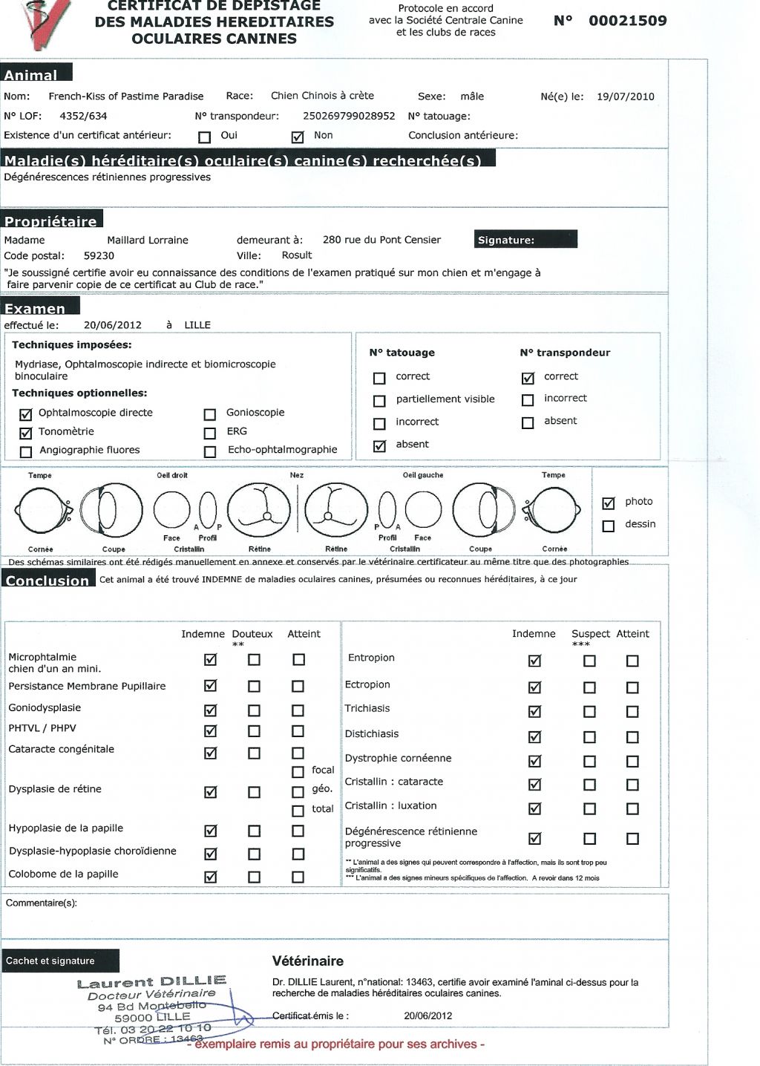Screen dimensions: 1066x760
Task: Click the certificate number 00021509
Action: pyautogui.click(x=627, y=21)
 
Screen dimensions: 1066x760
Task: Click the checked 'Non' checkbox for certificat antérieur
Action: pyautogui.click(x=298, y=137)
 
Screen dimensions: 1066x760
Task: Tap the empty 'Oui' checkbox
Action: pyautogui.click(x=205, y=137)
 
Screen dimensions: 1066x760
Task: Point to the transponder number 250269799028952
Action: pyautogui.click(x=349, y=116)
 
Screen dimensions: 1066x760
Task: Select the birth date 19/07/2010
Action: pyautogui.click(x=626, y=97)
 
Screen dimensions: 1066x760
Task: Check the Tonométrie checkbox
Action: pyautogui.click(x=26, y=433)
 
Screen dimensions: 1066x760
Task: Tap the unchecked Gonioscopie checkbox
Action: pyautogui.click(x=210, y=414)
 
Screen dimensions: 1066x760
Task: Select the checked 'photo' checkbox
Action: pyautogui.click(x=609, y=503)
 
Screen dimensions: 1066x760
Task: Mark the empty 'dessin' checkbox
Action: pyautogui.click(x=609, y=526)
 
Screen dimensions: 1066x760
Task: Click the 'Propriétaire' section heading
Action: pyautogui.click(x=51, y=220)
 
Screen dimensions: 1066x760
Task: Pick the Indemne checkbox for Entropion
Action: pyautogui.click(x=534, y=661)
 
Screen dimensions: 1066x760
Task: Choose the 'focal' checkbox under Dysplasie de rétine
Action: pyautogui.click(x=298, y=772)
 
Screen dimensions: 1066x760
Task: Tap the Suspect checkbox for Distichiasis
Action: pyautogui.click(x=589, y=737)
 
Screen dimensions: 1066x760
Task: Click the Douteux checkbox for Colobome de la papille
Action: pyautogui.click(x=254, y=877)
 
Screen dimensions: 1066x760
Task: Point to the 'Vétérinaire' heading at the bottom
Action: pyautogui.click(x=308, y=961)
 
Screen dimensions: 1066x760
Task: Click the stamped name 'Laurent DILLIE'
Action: pyautogui.click(x=151, y=983)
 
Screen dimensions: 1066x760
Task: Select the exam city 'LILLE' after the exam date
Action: pyautogui.click(x=197, y=325)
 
